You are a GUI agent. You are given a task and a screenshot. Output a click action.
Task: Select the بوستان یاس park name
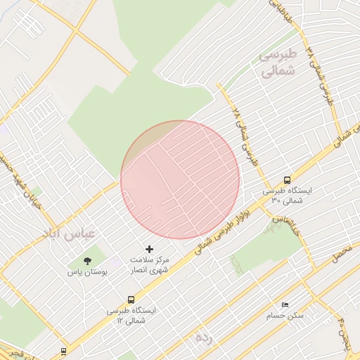pos(87,271)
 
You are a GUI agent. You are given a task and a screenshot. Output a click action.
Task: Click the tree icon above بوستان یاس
pos(87,261)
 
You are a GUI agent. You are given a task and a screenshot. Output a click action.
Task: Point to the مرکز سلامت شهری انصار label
pos(149,264)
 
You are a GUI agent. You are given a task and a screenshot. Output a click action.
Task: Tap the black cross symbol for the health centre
pos(149,249)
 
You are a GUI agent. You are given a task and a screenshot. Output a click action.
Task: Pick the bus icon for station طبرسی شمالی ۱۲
pos(131,299)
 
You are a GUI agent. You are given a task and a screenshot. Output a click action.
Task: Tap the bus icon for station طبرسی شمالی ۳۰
pos(287,180)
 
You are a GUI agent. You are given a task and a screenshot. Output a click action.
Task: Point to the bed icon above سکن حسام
pos(284,305)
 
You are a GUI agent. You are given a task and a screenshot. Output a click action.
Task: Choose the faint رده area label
pos(203,337)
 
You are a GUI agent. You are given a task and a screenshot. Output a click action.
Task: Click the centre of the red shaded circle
pos(180,180)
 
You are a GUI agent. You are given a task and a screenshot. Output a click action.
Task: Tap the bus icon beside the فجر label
pos(64,350)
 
